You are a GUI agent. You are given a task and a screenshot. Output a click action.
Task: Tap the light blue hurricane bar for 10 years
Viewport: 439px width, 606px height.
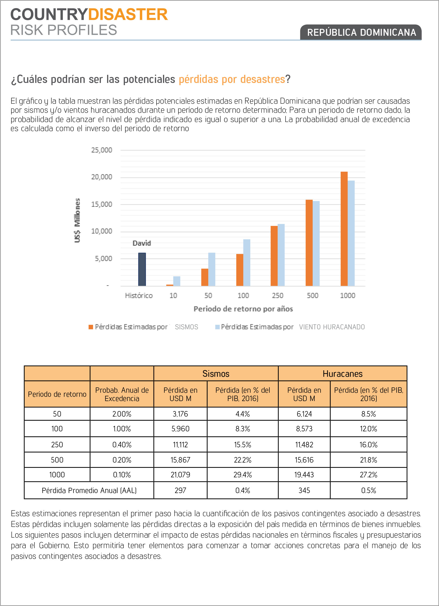tap(177, 281)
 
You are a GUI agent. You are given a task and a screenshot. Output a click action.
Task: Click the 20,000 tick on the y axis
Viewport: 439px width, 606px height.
tap(102, 177)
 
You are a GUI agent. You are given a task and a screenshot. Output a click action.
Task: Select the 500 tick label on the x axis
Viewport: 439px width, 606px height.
tap(312, 295)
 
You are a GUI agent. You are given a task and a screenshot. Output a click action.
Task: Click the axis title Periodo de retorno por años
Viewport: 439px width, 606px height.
tap(243, 309)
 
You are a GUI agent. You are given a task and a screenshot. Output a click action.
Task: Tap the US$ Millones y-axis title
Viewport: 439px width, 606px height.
tap(77, 220)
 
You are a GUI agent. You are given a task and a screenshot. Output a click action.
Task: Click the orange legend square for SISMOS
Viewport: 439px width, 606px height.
tap(91, 327)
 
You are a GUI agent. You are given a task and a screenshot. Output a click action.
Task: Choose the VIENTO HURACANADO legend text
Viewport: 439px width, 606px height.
tap(332, 327)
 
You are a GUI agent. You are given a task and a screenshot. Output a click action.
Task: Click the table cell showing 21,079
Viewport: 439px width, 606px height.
tap(180, 475)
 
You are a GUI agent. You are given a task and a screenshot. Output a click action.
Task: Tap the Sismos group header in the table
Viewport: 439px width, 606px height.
tap(216, 374)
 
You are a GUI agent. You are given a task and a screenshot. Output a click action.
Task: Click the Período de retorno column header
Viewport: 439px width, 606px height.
tap(57, 394)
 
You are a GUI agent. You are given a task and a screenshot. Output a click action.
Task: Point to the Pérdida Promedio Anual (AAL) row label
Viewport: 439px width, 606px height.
tap(89, 491)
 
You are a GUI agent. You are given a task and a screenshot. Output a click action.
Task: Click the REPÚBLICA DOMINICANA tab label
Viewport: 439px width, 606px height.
tap(361, 32)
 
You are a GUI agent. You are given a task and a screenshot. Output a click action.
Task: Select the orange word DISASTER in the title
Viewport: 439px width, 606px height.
tap(128, 15)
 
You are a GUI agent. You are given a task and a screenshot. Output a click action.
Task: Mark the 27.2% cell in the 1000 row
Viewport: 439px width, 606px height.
tap(368, 475)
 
